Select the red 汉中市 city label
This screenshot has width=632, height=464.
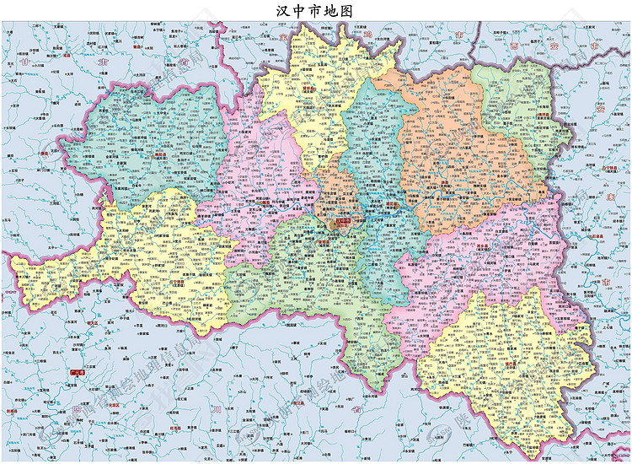(342, 223)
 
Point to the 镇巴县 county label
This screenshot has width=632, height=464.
(511, 364)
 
